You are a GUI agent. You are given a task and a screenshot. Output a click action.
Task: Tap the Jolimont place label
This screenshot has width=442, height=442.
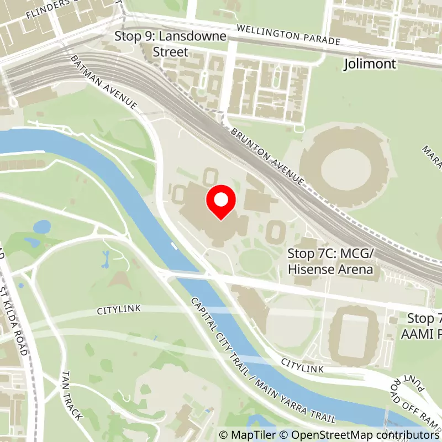370,64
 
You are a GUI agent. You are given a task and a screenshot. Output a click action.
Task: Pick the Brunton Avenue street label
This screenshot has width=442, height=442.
268,157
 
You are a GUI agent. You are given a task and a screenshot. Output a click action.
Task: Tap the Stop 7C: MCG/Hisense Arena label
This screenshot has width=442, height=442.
330,261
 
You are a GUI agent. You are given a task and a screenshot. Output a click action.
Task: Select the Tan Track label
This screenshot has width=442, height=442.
72,396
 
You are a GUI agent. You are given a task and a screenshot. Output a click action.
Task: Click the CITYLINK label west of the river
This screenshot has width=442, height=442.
119,309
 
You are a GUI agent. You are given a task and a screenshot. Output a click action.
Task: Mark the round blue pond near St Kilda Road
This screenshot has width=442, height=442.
42,227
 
